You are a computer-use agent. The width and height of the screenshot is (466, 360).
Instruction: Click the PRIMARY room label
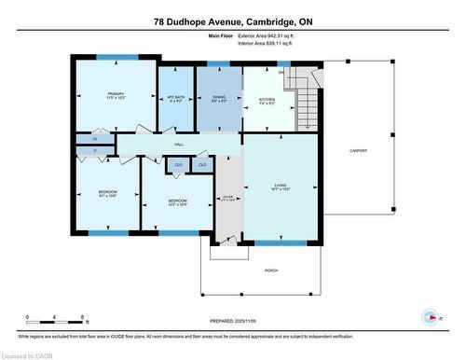pyautogui.click(x=116, y=94)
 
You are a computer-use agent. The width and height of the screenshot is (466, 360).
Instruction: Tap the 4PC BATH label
pyautogui.click(x=173, y=96)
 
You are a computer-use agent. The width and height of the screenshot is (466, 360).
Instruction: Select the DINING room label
pyautogui.click(x=218, y=96)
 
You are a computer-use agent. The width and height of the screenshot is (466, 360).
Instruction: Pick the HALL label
pyautogui.click(x=178, y=145)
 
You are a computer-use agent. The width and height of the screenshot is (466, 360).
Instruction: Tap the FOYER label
pyautogui.click(x=228, y=197)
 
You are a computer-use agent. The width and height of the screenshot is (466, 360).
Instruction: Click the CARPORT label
pyautogui.click(x=359, y=150)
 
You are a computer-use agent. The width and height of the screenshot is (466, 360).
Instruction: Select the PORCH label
pyautogui.click(x=272, y=270)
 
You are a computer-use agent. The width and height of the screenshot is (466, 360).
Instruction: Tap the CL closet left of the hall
pyautogui.click(x=95, y=138)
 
